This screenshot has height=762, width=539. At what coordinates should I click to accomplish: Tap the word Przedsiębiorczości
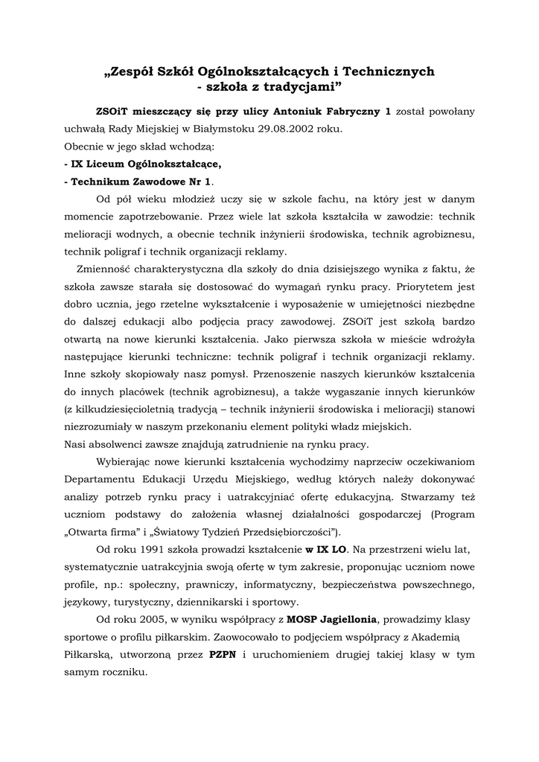285,531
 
